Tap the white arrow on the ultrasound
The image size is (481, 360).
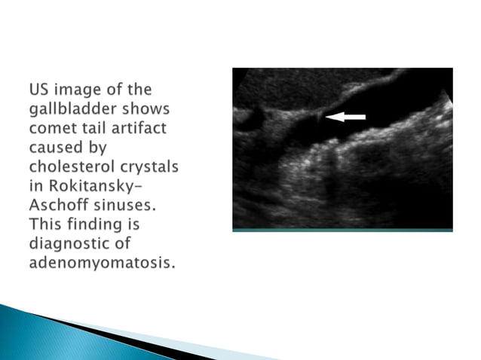(x=346, y=117)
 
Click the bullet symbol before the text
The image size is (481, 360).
(x=19, y=90)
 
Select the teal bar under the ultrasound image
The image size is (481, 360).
(x=342, y=230)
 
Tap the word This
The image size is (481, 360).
(x=46, y=224)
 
